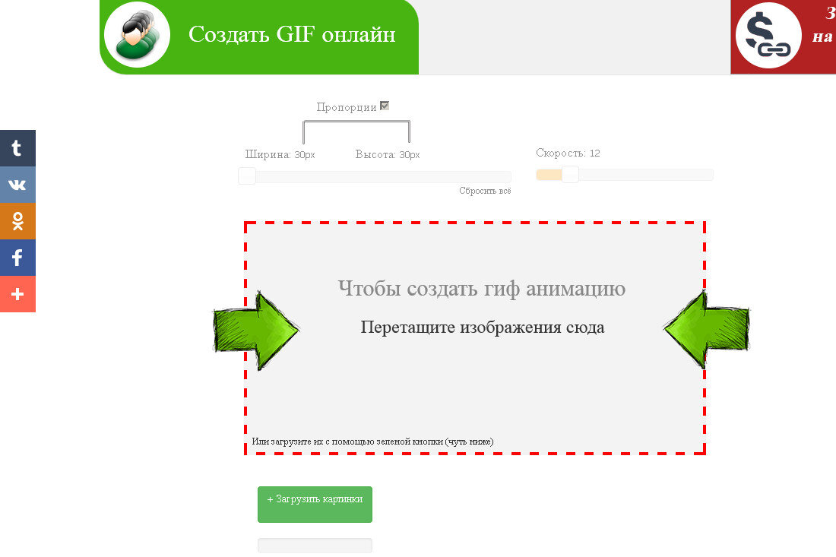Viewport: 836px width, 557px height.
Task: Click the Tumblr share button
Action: coord(17,148)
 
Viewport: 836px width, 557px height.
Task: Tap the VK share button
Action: coord(17,185)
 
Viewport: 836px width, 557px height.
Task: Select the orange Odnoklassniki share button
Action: coord(17,221)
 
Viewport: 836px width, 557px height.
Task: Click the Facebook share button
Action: coord(17,258)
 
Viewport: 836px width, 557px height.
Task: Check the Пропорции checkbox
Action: coord(385,106)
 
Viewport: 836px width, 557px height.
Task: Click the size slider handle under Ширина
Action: coord(247,176)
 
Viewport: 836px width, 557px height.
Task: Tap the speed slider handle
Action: coord(570,175)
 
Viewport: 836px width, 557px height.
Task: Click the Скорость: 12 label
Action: coord(568,153)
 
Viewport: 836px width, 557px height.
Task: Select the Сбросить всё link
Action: coord(485,191)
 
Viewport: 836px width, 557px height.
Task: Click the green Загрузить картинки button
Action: coord(315,504)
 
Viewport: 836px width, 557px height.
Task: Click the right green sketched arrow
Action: coord(706,330)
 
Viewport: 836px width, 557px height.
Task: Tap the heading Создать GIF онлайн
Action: coord(292,35)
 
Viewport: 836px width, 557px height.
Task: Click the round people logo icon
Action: coord(136,35)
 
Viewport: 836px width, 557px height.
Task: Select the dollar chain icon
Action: coord(768,36)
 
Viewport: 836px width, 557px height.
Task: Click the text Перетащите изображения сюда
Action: coord(483,328)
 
